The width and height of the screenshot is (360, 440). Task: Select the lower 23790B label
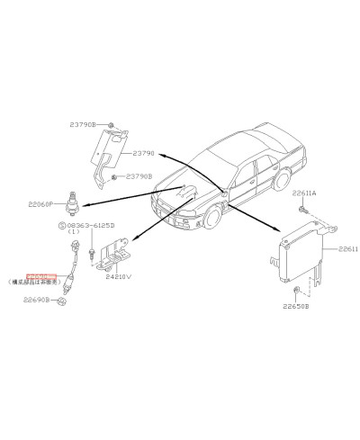point(139,177)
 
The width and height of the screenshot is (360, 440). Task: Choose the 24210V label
point(118,277)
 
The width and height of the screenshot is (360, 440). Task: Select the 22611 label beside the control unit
point(347,249)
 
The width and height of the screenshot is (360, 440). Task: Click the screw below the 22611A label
point(305,210)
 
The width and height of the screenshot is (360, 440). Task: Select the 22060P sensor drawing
point(70,202)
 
